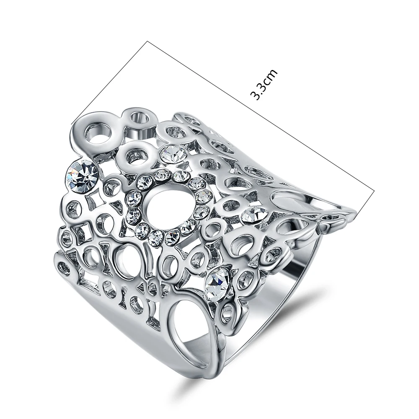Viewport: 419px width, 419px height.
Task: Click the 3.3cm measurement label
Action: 263,84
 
